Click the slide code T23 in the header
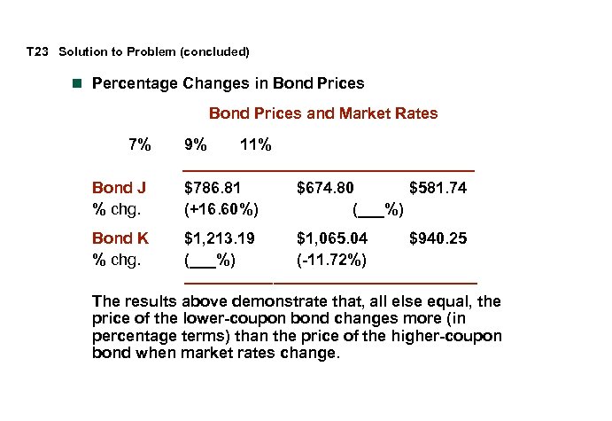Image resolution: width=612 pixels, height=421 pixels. [x=36, y=51]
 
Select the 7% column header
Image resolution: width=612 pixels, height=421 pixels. [x=139, y=144]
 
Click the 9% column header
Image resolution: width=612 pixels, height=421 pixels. [x=196, y=144]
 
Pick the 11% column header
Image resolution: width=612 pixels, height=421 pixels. [x=256, y=144]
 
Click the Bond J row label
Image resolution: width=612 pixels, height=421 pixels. [x=119, y=188]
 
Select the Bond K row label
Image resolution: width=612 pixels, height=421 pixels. [x=120, y=238]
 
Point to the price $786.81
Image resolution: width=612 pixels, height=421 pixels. [x=213, y=188]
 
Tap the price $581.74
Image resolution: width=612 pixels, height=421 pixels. [x=438, y=188]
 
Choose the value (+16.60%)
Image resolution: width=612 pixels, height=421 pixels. [x=221, y=210]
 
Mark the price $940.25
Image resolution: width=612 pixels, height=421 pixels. [x=438, y=238]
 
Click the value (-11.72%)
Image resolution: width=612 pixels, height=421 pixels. [x=333, y=261]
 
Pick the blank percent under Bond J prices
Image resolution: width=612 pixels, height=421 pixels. [x=378, y=210]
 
